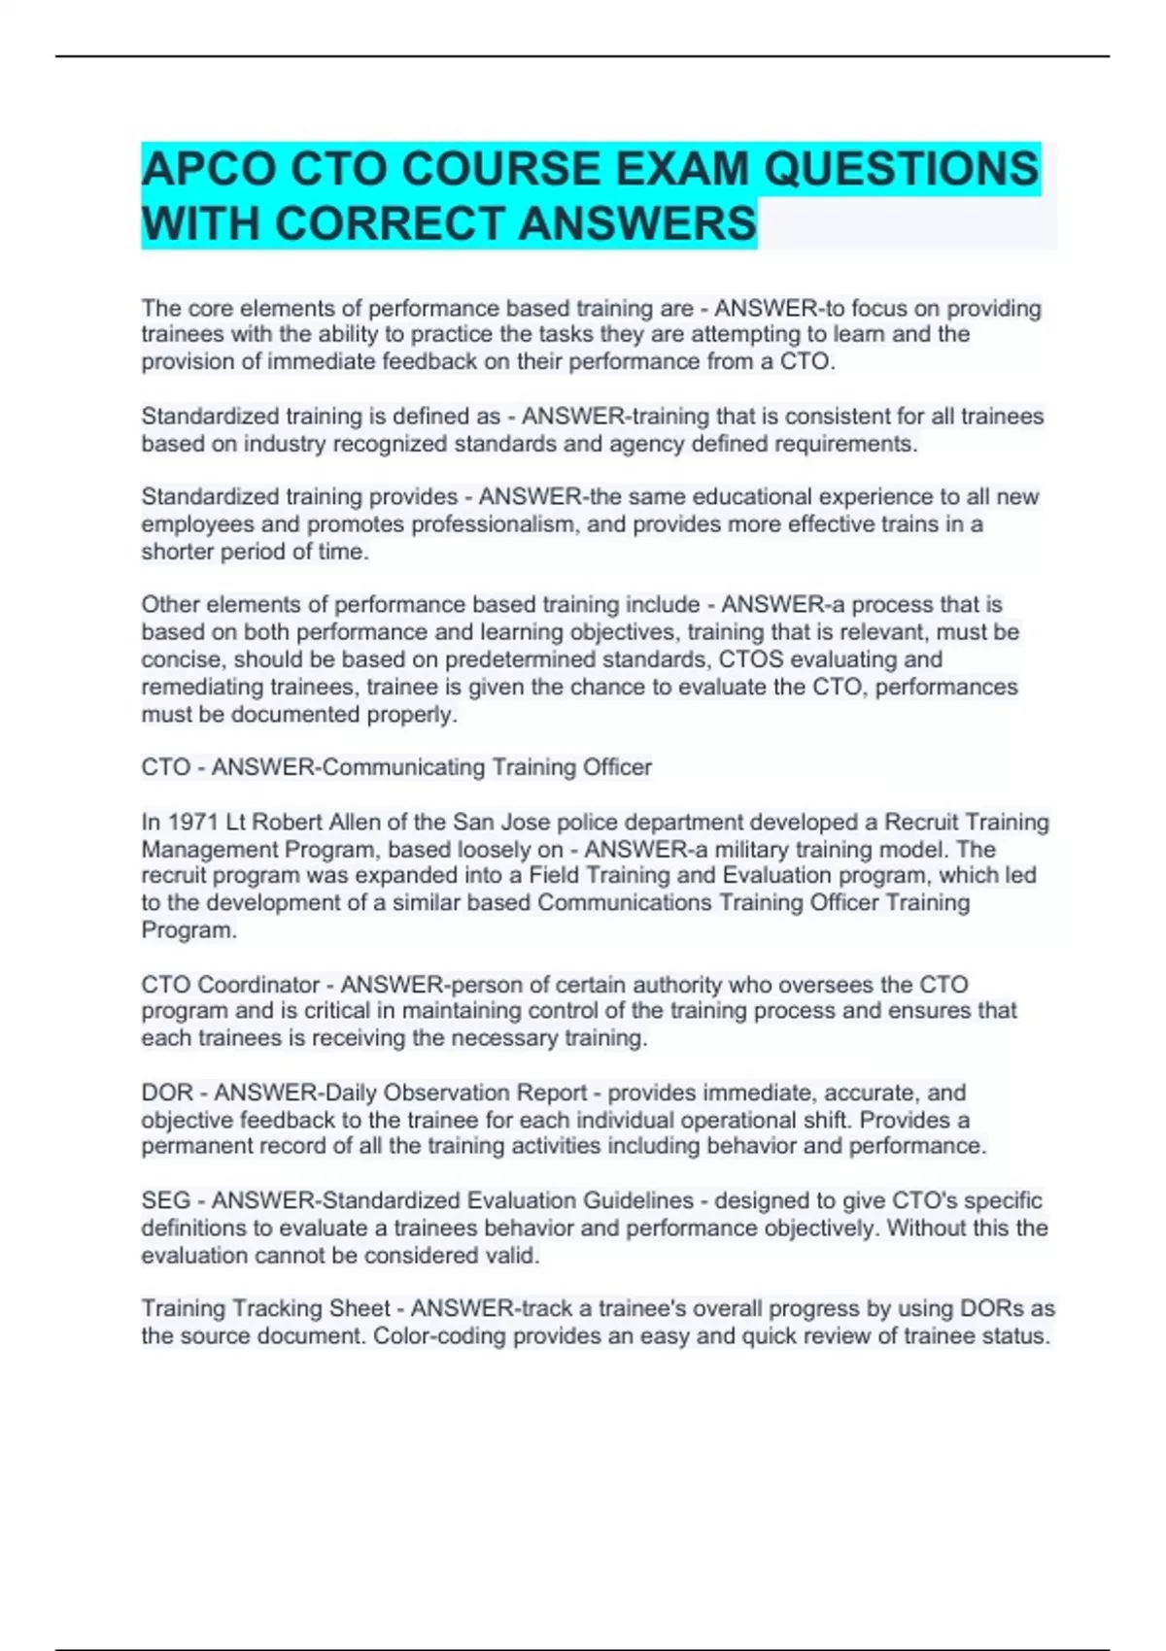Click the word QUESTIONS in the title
[x=901, y=169]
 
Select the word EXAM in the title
[x=682, y=169]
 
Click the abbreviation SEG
[x=165, y=1200]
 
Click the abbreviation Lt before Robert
[x=236, y=822]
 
